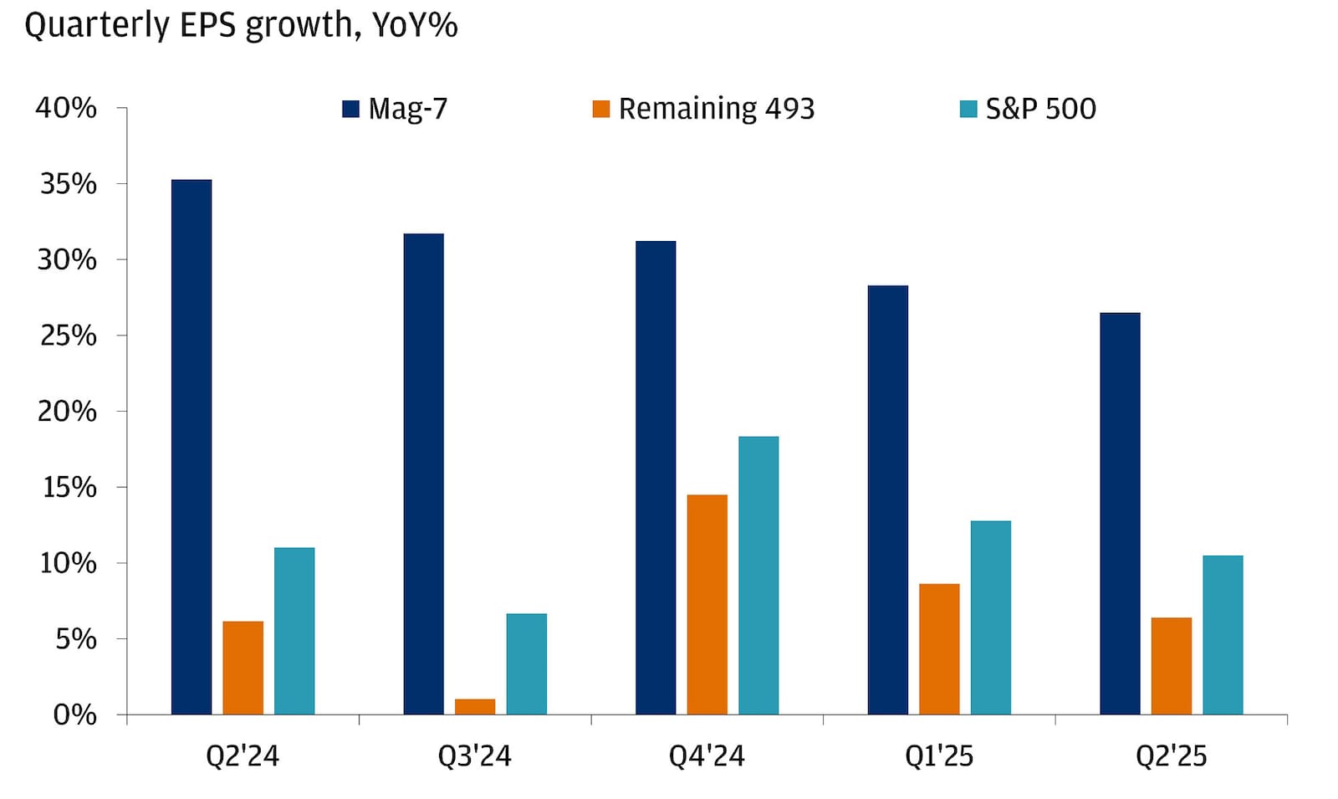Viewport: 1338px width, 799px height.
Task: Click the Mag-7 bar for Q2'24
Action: (192, 447)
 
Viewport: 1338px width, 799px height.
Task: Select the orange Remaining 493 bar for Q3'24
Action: (475, 707)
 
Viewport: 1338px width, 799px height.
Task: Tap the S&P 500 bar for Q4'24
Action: (758, 576)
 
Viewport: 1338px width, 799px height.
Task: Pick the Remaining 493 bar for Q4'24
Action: (707, 605)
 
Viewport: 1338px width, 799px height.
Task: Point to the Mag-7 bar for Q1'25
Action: (888, 500)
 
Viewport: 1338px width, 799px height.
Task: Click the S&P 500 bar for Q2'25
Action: (1223, 635)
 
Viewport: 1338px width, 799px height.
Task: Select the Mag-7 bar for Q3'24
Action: (423, 474)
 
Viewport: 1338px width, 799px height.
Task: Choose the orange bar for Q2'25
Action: (1171, 666)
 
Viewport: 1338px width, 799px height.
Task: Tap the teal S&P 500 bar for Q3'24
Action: (527, 664)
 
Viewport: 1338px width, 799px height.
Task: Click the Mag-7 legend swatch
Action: (351, 109)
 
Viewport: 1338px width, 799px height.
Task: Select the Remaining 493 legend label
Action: (716, 109)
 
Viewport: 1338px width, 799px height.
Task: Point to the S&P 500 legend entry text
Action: (1040, 109)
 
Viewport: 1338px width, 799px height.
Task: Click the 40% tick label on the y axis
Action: (66, 108)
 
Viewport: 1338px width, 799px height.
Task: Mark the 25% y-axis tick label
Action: (67, 335)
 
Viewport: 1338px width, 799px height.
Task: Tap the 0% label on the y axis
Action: (74, 715)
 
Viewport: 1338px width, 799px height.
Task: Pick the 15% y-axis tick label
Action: (69, 487)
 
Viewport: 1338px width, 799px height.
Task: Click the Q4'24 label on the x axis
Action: (707, 756)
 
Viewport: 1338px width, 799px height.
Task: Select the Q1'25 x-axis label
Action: (939, 756)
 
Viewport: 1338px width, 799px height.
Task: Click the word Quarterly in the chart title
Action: (98, 26)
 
